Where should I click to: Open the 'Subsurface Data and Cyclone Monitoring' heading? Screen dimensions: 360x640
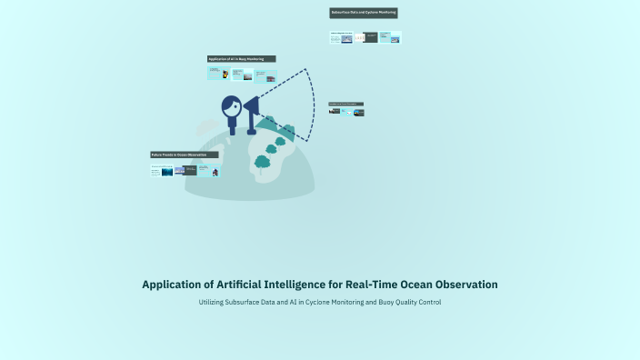[364, 14]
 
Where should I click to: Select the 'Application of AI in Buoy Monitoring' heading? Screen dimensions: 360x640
[241, 59]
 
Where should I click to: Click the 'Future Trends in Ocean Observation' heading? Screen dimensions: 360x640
[185, 155]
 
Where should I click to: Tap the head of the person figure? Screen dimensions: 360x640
[232, 107]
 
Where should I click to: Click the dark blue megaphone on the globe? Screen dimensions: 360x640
[252, 110]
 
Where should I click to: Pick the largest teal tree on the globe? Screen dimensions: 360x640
[263, 163]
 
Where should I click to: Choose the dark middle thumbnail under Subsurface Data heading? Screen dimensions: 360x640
[371, 38]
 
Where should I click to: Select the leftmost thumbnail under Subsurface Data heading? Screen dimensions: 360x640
[340, 38]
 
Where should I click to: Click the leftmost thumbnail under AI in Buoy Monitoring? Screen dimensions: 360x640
[214, 74]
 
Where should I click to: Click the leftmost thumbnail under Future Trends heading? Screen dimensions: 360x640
[155, 169]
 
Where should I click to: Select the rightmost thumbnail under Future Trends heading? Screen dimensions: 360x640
[215, 170]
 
